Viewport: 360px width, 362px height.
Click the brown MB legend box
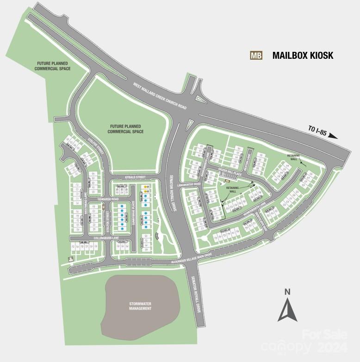[x=256, y=56]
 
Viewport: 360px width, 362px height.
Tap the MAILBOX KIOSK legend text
[x=303, y=56]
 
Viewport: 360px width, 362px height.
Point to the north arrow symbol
[x=287, y=310]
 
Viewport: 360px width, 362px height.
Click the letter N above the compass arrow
[x=287, y=292]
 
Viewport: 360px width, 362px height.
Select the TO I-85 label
[x=317, y=131]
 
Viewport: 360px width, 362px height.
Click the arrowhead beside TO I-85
[x=334, y=136]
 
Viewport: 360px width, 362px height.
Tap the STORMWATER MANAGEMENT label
[x=140, y=306]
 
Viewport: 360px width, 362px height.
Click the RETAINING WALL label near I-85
[x=294, y=157]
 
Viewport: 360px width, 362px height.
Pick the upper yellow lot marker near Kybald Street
[x=145, y=187]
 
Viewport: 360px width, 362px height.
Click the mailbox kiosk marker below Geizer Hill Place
[x=226, y=181]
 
